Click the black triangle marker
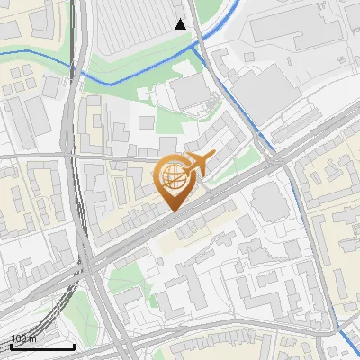tap(181, 24)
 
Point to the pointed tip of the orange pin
tap(171, 210)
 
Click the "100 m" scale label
tap(22, 338)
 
